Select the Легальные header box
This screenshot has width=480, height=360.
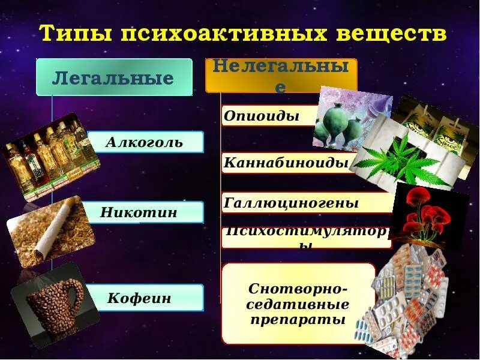pos(114,77)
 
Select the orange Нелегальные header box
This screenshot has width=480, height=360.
pos(281,76)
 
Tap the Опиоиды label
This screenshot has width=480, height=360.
pos(262,116)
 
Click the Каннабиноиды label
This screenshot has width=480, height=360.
pos(286,162)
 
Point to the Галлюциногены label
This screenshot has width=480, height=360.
pos(291,203)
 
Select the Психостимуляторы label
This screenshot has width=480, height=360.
pos(306,238)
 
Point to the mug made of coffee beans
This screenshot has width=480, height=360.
pos(55,303)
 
